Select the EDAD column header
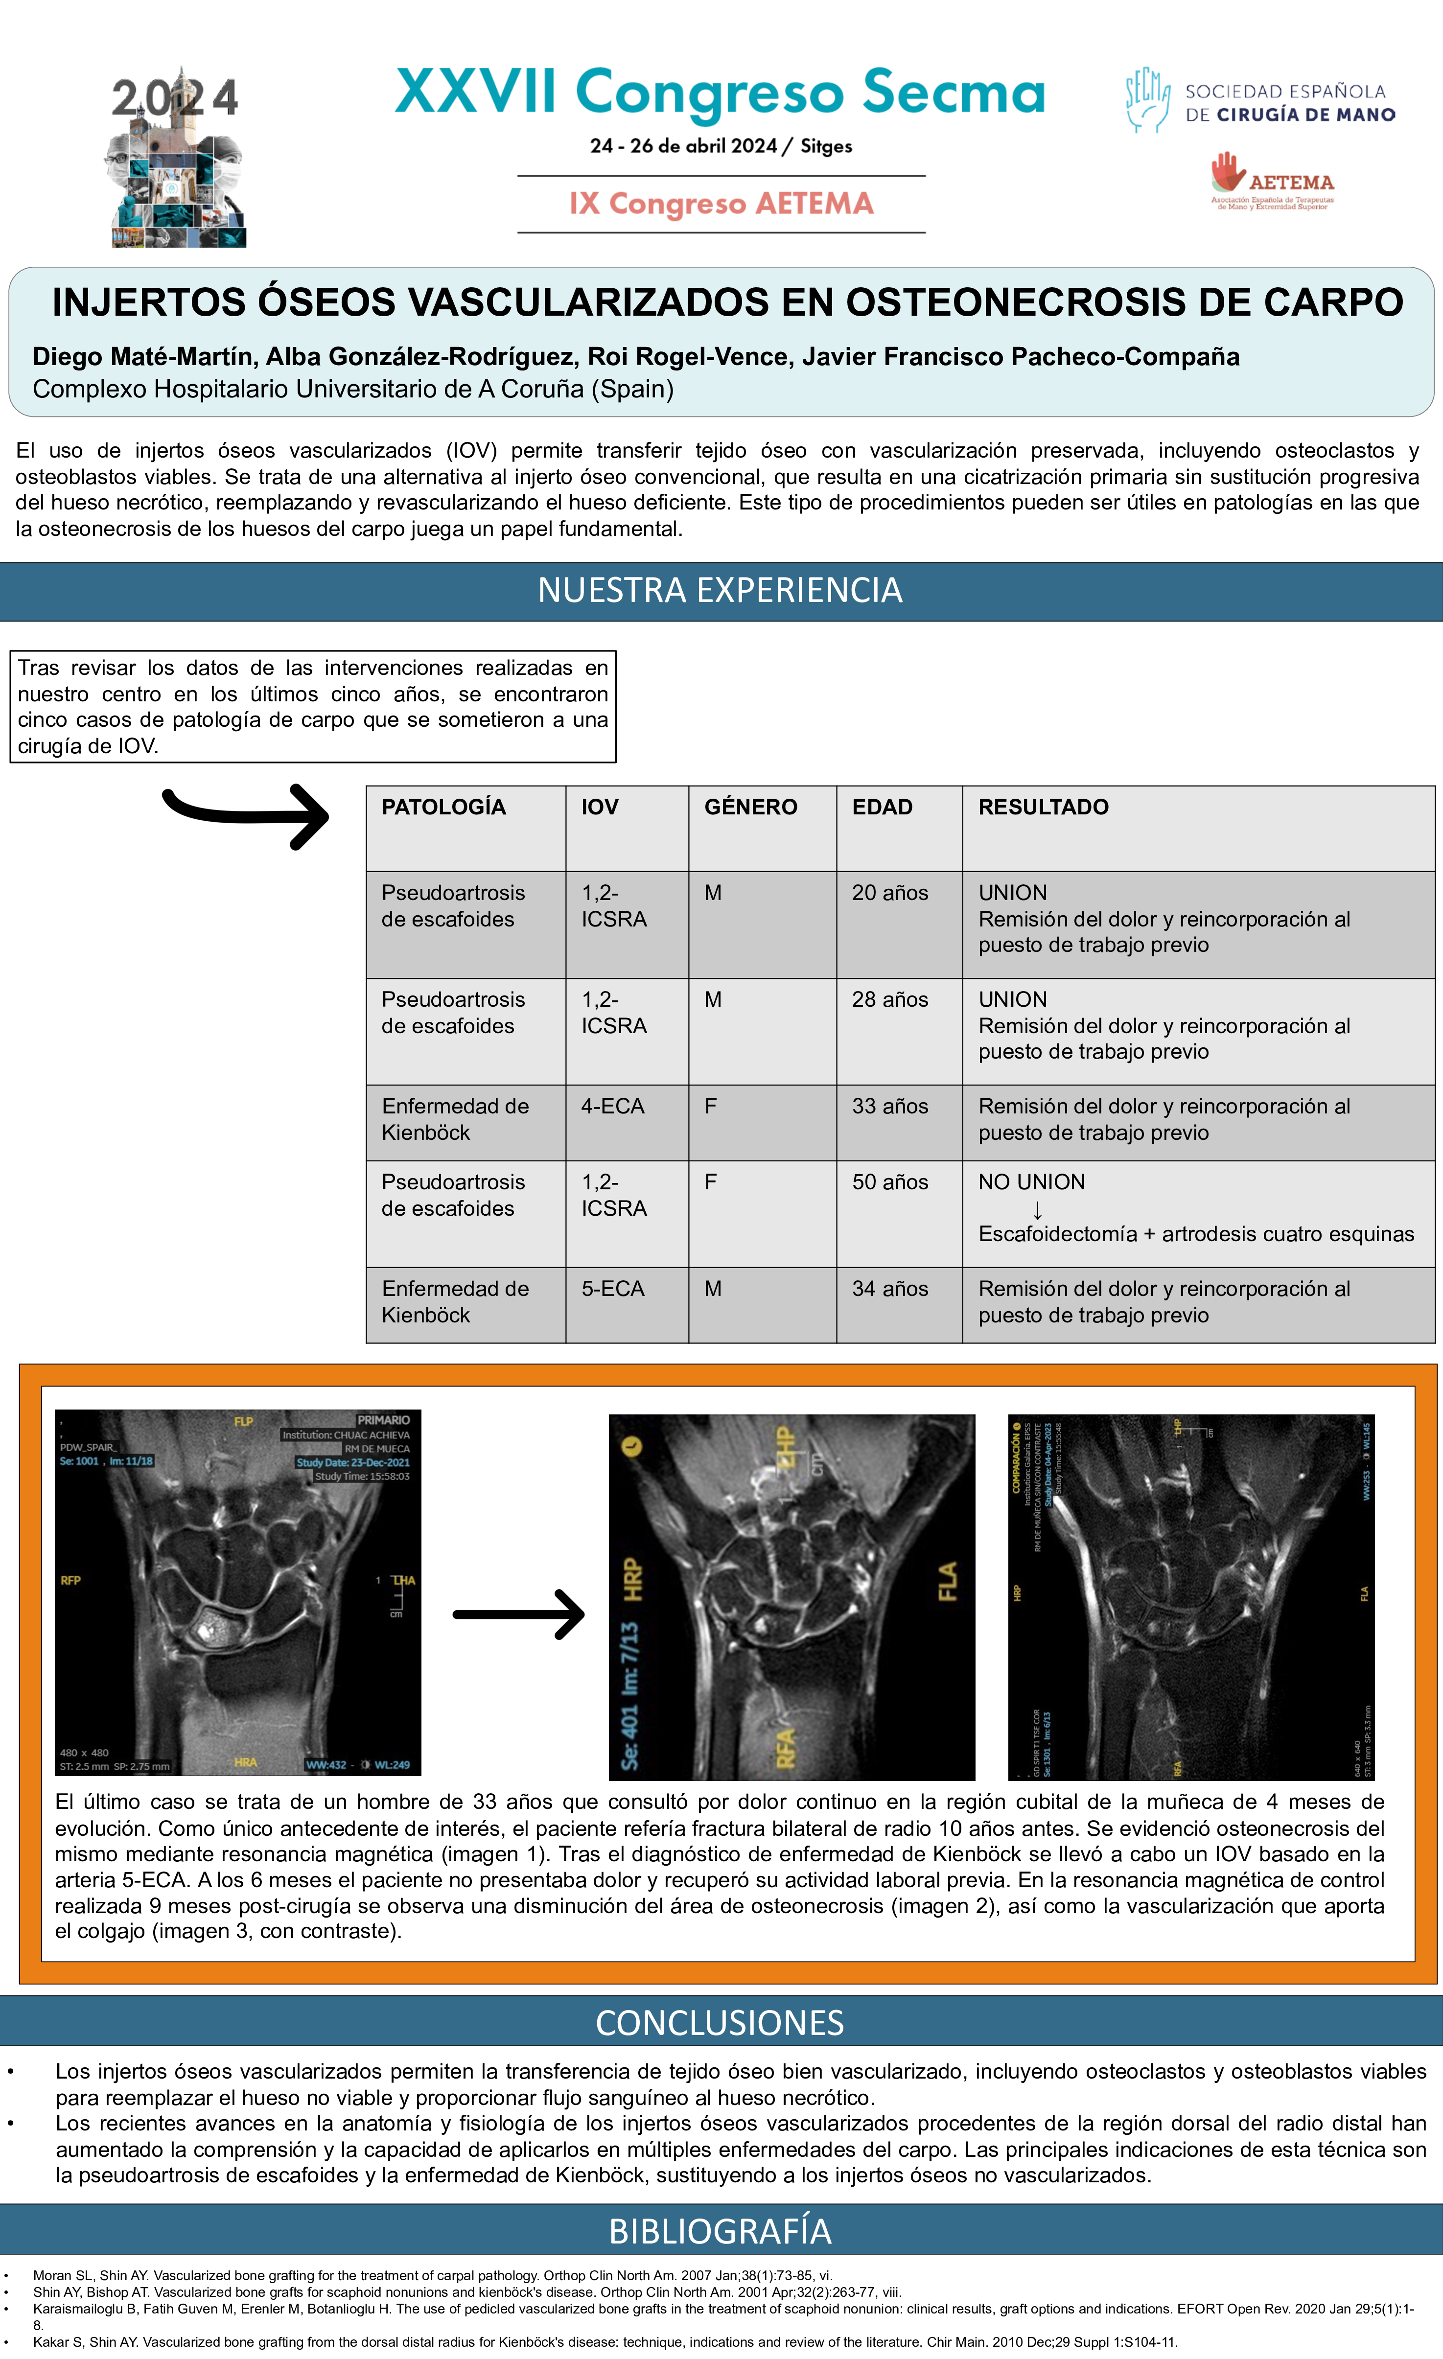tap(882, 807)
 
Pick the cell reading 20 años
tap(889, 893)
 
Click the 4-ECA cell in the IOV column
tap(613, 1107)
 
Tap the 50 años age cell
tap(889, 1182)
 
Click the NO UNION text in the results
tap(1031, 1182)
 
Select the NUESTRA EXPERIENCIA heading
tap(720, 591)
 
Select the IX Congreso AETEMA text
tap(721, 204)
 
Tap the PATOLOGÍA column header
tap(443, 807)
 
